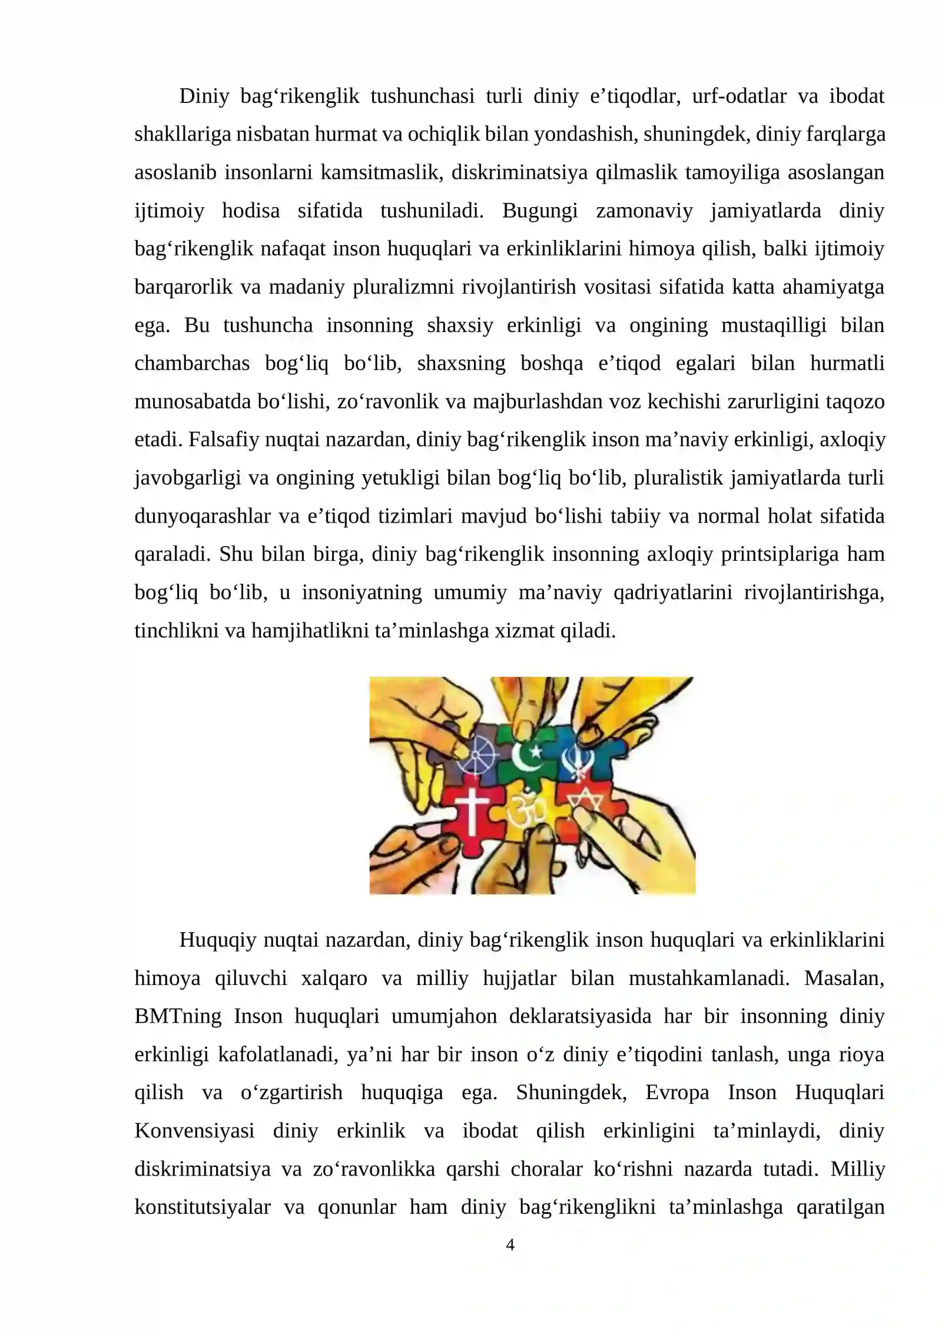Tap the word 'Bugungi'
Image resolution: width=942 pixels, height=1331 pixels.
(539, 211)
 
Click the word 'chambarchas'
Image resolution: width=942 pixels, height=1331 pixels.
(192, 364)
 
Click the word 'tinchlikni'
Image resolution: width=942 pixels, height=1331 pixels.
(176, 631)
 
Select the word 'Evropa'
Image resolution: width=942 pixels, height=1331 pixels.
(677, 1093)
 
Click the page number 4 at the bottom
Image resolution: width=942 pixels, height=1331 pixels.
(510, 1245)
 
